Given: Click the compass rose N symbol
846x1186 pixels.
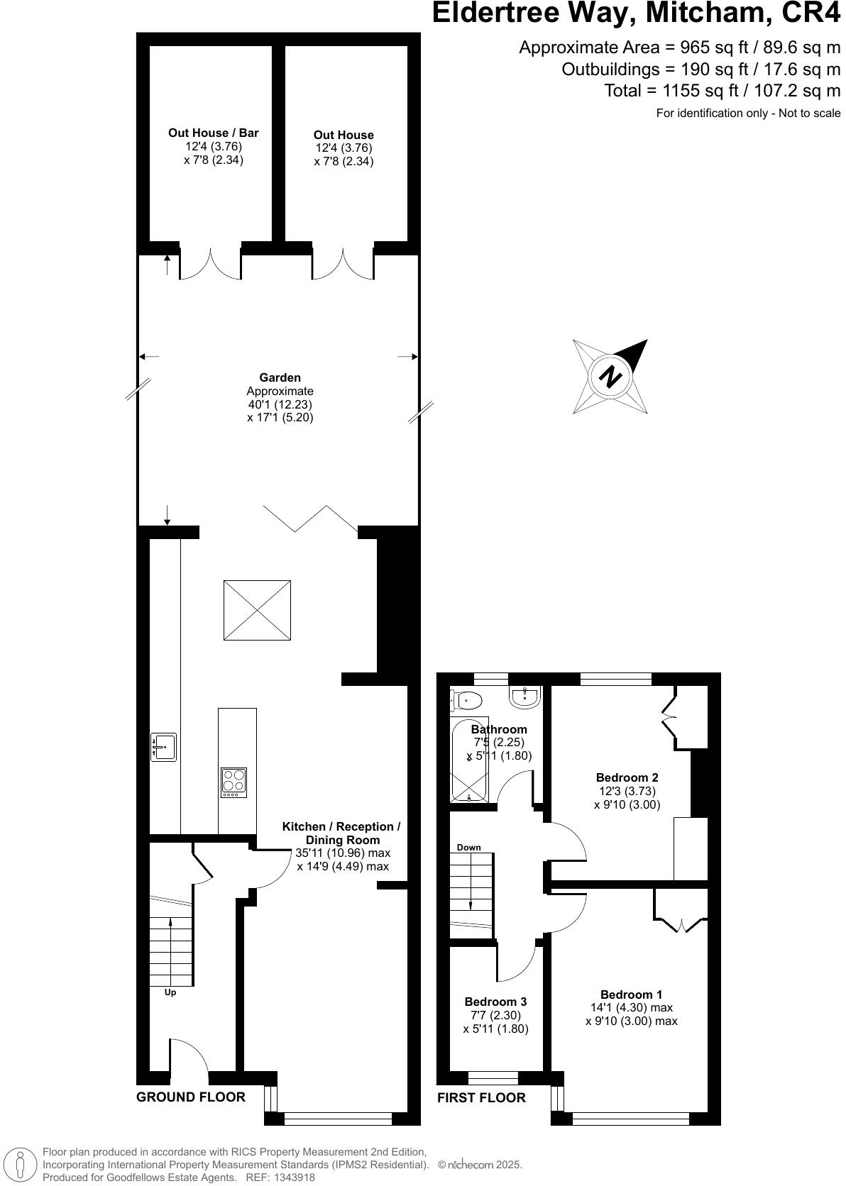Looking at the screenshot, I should (610, 376).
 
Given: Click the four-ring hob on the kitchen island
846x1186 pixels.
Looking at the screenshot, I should (234, 781).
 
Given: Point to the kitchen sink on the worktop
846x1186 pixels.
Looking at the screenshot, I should (163, 747).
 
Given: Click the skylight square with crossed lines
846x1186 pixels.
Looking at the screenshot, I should (257, 609).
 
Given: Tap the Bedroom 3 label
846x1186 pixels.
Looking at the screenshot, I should (495, 1002).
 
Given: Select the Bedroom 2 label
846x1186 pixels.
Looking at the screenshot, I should (627, 777).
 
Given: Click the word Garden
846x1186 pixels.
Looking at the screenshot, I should (280, 378).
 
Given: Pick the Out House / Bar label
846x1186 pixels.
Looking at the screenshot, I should (213, 133).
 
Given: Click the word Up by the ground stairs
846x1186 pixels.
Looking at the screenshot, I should (170, 992).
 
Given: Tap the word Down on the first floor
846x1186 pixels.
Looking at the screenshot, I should (468, 848).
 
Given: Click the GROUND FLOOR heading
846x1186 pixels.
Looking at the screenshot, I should (190, 1097).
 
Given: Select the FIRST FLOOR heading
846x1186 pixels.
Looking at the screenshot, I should (481, 1098).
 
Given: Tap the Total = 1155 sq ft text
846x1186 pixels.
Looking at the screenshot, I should (722, 91).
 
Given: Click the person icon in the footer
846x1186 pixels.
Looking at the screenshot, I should (21, 1165).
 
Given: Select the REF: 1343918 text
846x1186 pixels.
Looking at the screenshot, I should (280, 1177).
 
